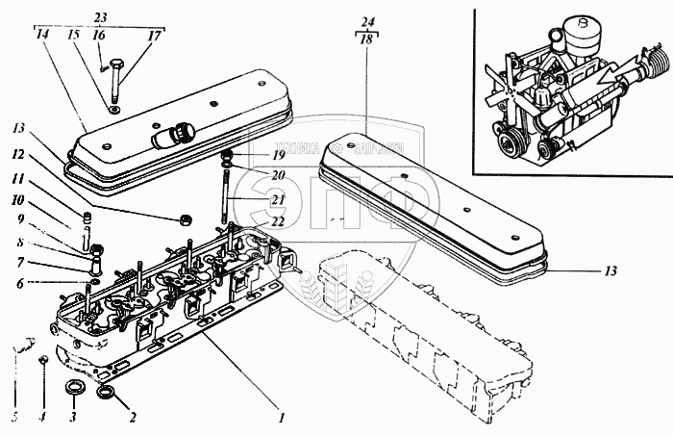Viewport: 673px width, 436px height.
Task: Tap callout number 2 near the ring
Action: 132,419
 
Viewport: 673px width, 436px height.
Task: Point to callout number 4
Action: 42,419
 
